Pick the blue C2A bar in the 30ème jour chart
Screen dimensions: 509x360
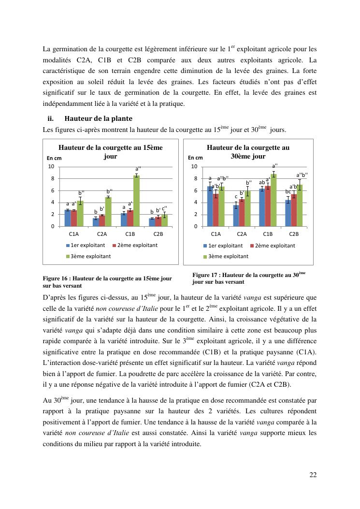(236, 216)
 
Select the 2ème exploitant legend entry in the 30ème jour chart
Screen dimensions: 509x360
(272, 246)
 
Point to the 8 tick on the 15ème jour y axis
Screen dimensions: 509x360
(52, 179)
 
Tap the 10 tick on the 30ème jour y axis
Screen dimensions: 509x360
(194, 167)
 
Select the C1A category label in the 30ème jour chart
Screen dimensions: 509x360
(216, 234)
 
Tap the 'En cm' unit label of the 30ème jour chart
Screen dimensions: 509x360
(195, 158)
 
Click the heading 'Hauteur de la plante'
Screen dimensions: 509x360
(98, 118)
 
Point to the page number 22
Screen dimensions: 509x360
(313, 475)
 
